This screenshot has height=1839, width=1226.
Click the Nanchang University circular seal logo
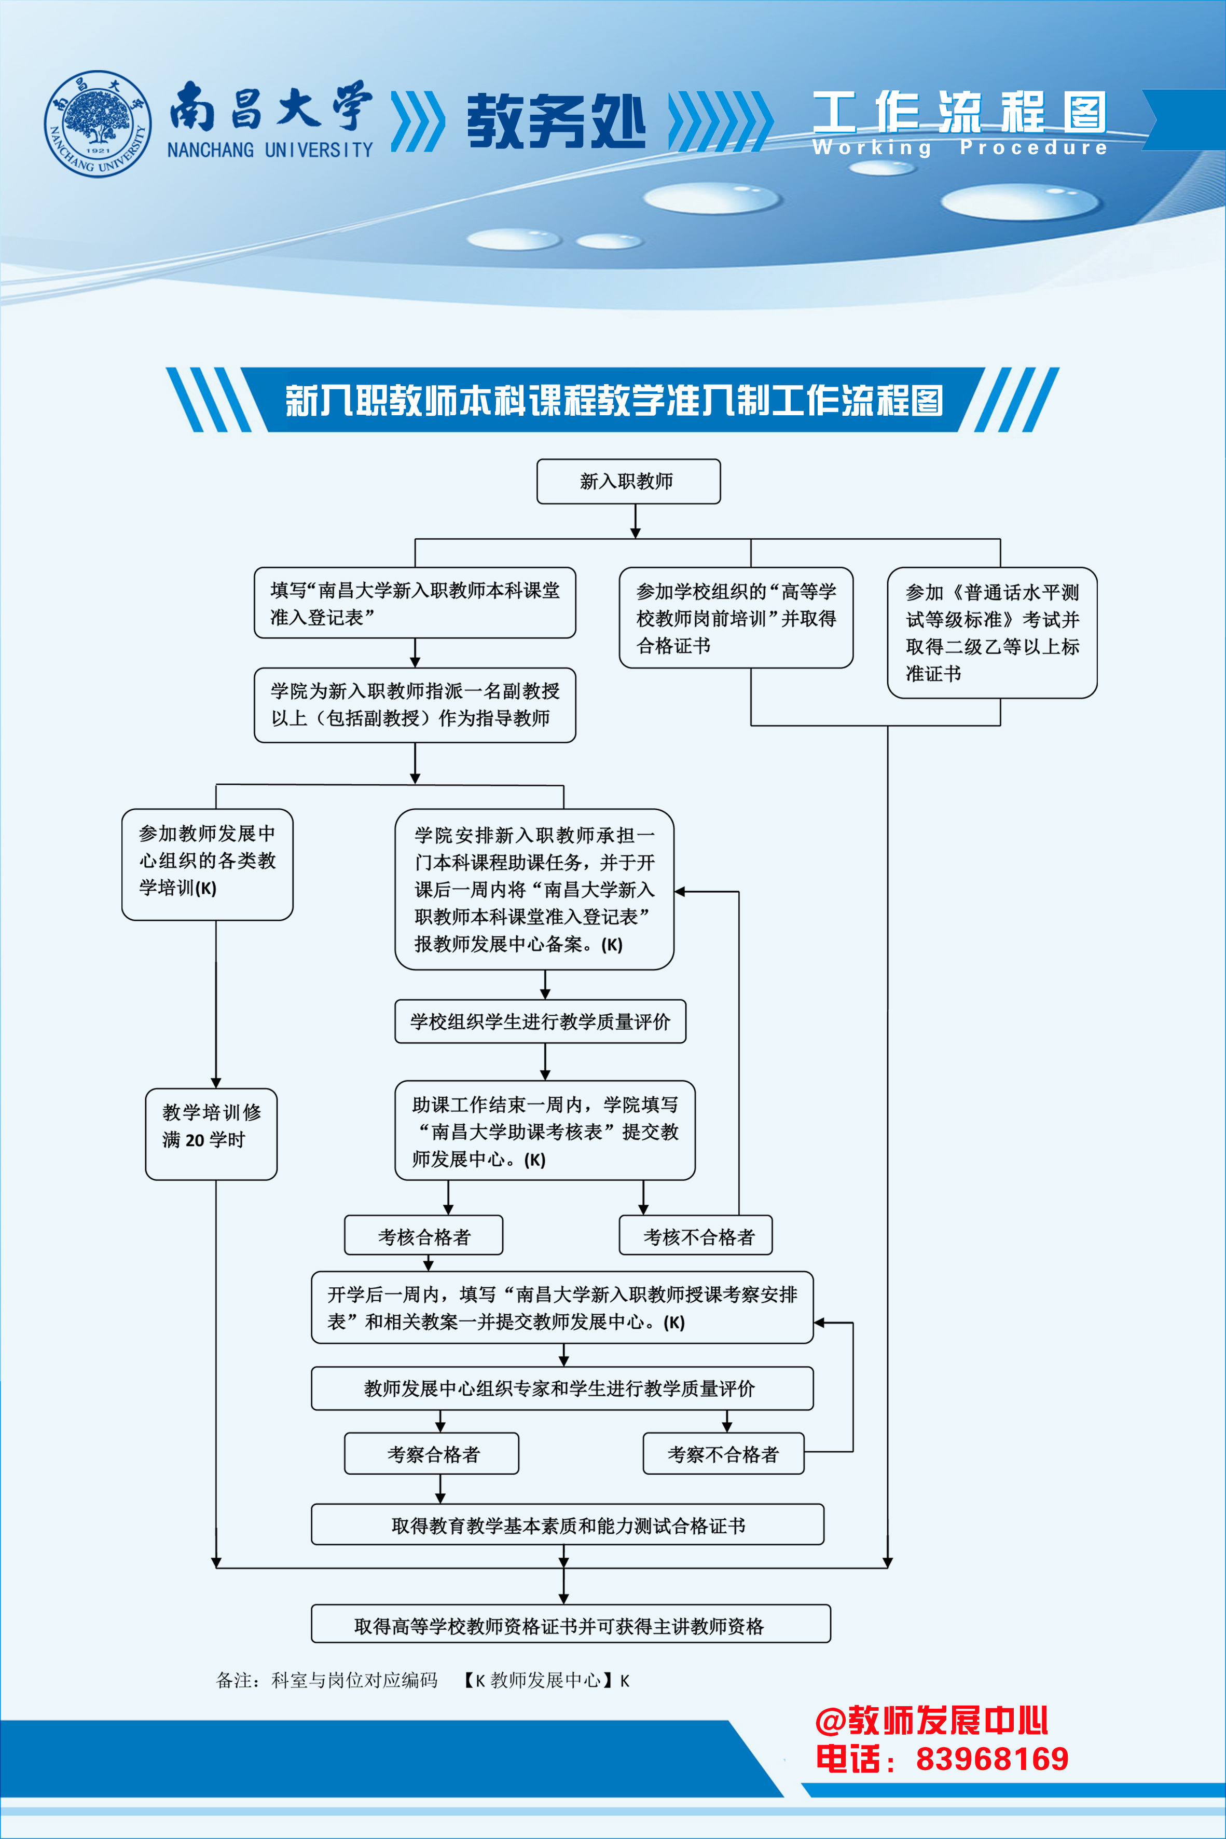point(98,123)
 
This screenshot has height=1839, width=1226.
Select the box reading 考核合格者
point(424,1235)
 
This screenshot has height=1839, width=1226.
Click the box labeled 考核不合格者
point(696,1235)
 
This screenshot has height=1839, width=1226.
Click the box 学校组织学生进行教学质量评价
point(540,1021)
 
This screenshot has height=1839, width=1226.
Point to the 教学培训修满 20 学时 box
point(211,1134)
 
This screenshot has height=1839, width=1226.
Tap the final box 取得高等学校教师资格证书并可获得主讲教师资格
point(571,1623)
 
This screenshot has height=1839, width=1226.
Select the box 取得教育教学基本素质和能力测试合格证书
point(568,1524)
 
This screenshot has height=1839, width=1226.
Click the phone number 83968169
point(992,1759)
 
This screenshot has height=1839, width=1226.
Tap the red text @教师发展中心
point(931,1720)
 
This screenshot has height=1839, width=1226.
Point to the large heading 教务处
point(556,120)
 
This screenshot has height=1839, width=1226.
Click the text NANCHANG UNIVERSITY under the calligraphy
point(270,149)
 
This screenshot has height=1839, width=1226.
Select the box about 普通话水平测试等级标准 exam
point(992,632)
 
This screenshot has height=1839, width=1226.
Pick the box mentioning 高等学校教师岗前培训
point(736,617)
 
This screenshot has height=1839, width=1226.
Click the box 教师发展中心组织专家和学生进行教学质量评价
point(562,1387)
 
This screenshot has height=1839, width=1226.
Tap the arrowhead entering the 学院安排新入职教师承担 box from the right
point(680,891)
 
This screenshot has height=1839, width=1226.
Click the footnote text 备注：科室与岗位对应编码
point(327,1680)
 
